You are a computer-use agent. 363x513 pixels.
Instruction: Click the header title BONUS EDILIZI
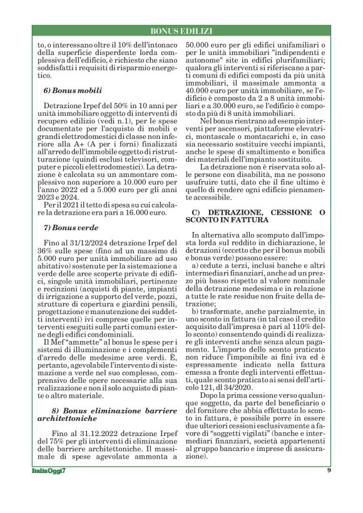pyautogui.click(x=181, y=31)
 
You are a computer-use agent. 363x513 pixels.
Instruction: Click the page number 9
pyautogui.click(x=329, y=470)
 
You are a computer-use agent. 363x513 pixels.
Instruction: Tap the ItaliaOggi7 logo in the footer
pyautogui.click(x=49, y=470)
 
